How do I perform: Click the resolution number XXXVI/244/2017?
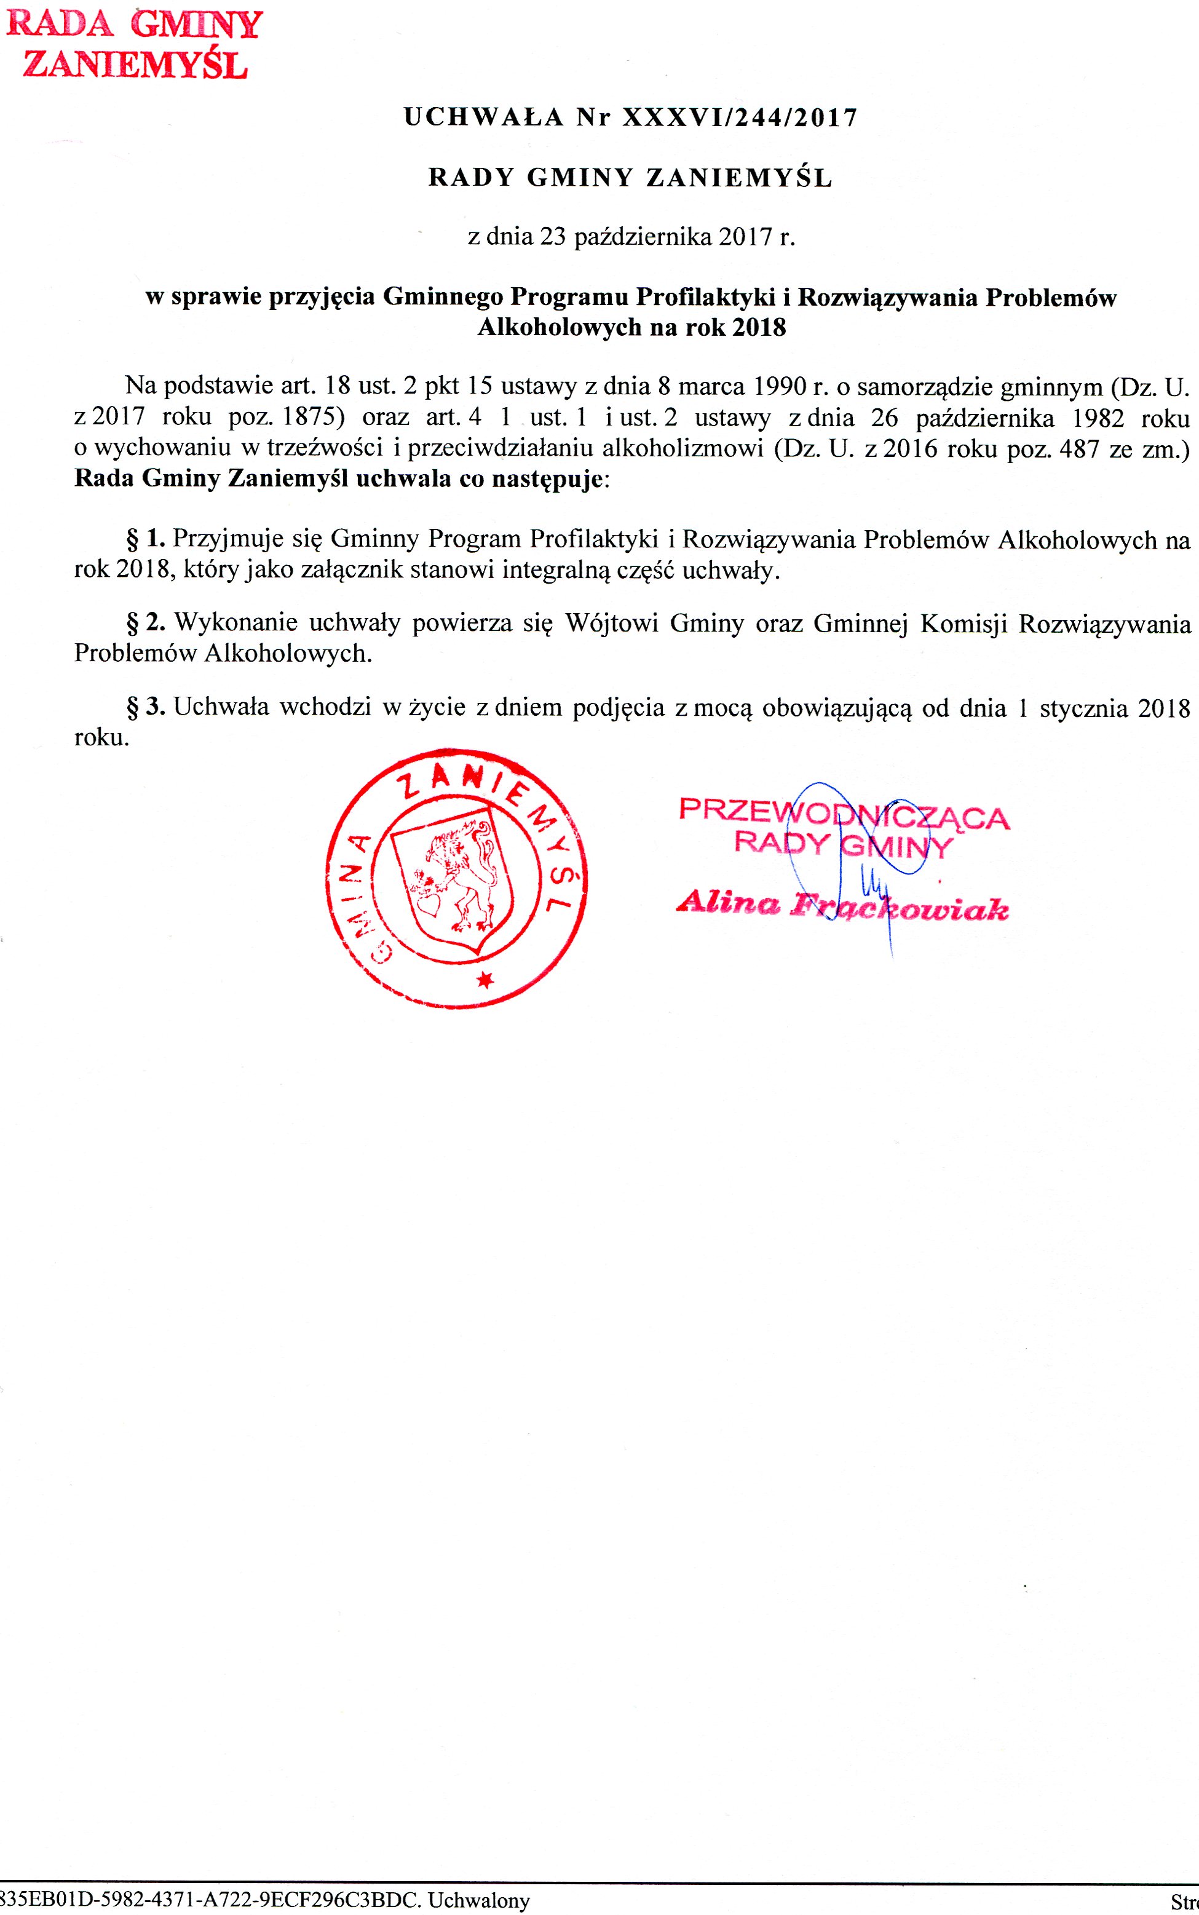pos(740,118)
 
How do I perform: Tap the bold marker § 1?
pos(146,539)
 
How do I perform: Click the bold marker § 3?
pos(146,707)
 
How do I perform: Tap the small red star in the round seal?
pos(485,980)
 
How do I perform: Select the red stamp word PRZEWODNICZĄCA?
pos(844,814)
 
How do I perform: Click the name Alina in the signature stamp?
pos(728,903)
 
